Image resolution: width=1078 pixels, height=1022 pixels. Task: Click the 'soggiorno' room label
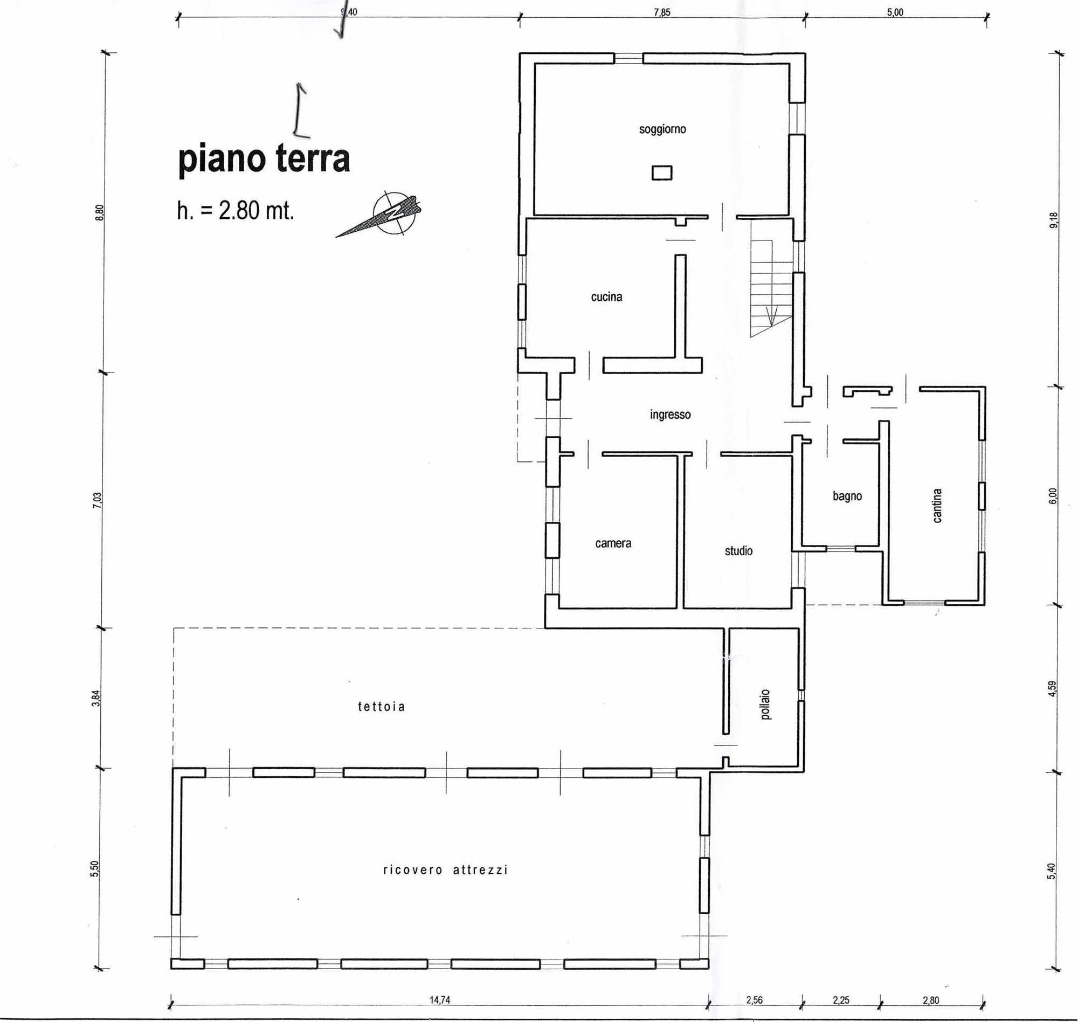coord(662,130)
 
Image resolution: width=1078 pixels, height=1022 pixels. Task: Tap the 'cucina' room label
coord(606,297)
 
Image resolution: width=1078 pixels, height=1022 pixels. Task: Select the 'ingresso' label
coord(670,415)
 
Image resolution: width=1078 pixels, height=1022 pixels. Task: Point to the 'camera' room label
coord(613,544)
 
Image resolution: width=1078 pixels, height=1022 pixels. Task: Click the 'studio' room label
coord(738,551)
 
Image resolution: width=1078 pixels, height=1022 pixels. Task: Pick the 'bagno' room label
coord(847,496)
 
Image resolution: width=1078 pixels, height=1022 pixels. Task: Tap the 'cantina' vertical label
coord(937,506)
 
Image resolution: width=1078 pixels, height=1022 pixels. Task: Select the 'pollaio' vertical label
coord(766,705)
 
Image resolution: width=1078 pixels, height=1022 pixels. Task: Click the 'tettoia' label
coord(381,707)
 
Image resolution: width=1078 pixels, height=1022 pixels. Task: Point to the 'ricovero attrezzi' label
coord(446,870)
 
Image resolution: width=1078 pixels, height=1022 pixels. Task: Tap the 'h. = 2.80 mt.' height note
coord(236,210)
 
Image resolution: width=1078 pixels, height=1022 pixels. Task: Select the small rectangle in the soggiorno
coord(662,172)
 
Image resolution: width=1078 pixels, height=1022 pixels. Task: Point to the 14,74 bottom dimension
coord(440,1000)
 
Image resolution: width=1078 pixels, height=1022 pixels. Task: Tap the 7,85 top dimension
coord(662,12)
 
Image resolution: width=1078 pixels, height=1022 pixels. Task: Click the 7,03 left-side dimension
coord(98,500)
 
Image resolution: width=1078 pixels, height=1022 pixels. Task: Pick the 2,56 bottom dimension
coord(754,1000)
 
